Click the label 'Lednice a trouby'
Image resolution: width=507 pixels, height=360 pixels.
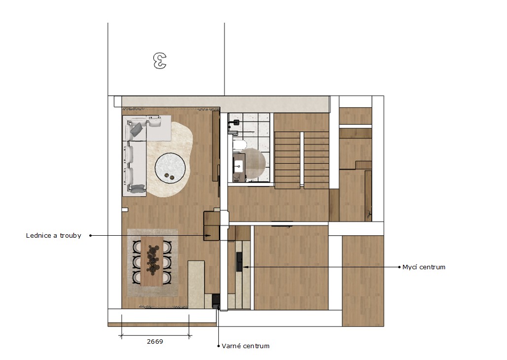click(x=53, y=236)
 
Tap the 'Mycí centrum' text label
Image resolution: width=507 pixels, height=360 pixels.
click(x=424, y=267)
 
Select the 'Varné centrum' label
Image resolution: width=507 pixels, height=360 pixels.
click(x=245, y=346)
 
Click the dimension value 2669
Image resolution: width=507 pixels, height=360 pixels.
click(x=155, y=342)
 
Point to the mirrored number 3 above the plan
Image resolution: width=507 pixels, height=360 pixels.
click(x=160, y=61)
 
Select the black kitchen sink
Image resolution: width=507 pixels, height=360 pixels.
click(x=239, y=261)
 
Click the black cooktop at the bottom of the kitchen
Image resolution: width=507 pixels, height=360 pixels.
click(x=216, y=301)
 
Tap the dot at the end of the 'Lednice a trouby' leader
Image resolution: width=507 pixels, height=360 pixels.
click(x=90, y=236)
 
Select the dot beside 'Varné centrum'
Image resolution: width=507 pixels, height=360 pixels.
click(x=219, y=346)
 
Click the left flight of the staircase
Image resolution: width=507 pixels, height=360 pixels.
click(x=287, y=160)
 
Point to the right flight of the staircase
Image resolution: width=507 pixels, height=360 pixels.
click(x=316, y=160)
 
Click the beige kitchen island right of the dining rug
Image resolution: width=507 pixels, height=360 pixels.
click(x=196, y=285)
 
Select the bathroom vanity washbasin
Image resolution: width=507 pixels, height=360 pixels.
click(x=238, y=166)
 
